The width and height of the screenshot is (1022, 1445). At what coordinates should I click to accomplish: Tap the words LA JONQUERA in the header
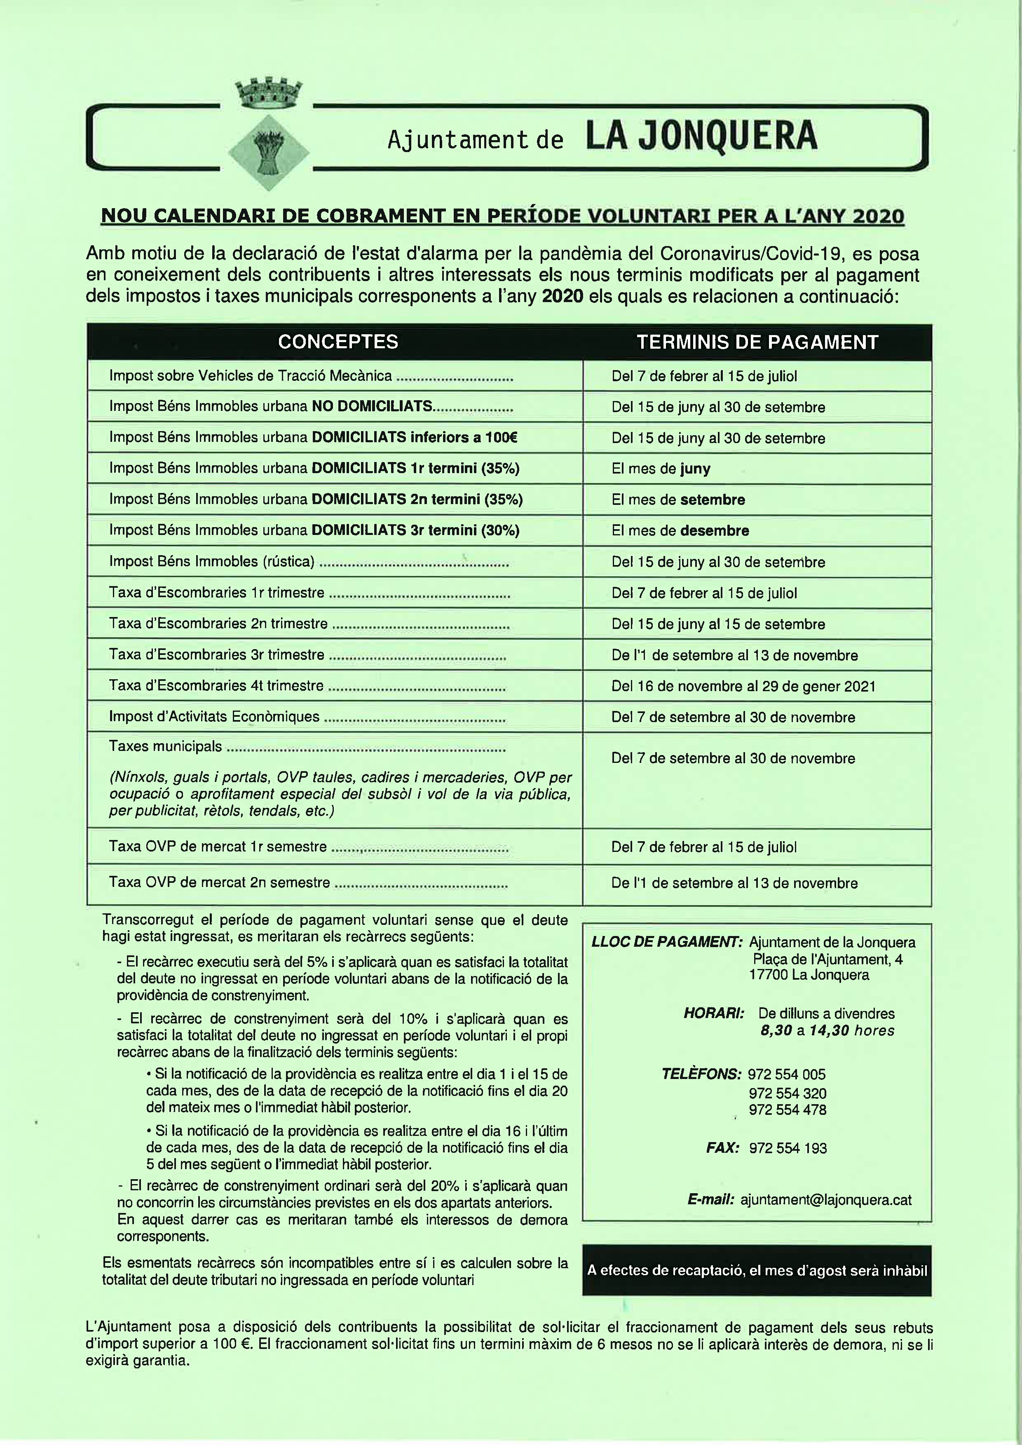point(701,136)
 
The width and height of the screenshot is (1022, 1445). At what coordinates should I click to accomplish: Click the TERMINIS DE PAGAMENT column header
point(757,342)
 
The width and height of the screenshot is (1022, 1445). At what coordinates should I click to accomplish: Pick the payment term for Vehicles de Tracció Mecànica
point(703,376)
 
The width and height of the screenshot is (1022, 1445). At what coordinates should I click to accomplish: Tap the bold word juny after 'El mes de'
point(695,469)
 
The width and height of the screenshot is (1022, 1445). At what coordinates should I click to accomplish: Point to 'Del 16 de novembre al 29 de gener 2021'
point(743,686)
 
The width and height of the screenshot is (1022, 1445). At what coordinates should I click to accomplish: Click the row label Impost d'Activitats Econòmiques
point(214,717)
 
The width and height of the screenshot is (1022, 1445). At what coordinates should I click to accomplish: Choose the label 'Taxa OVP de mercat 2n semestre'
point(219,882)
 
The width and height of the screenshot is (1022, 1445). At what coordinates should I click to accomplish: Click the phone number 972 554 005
point(787,1074)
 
